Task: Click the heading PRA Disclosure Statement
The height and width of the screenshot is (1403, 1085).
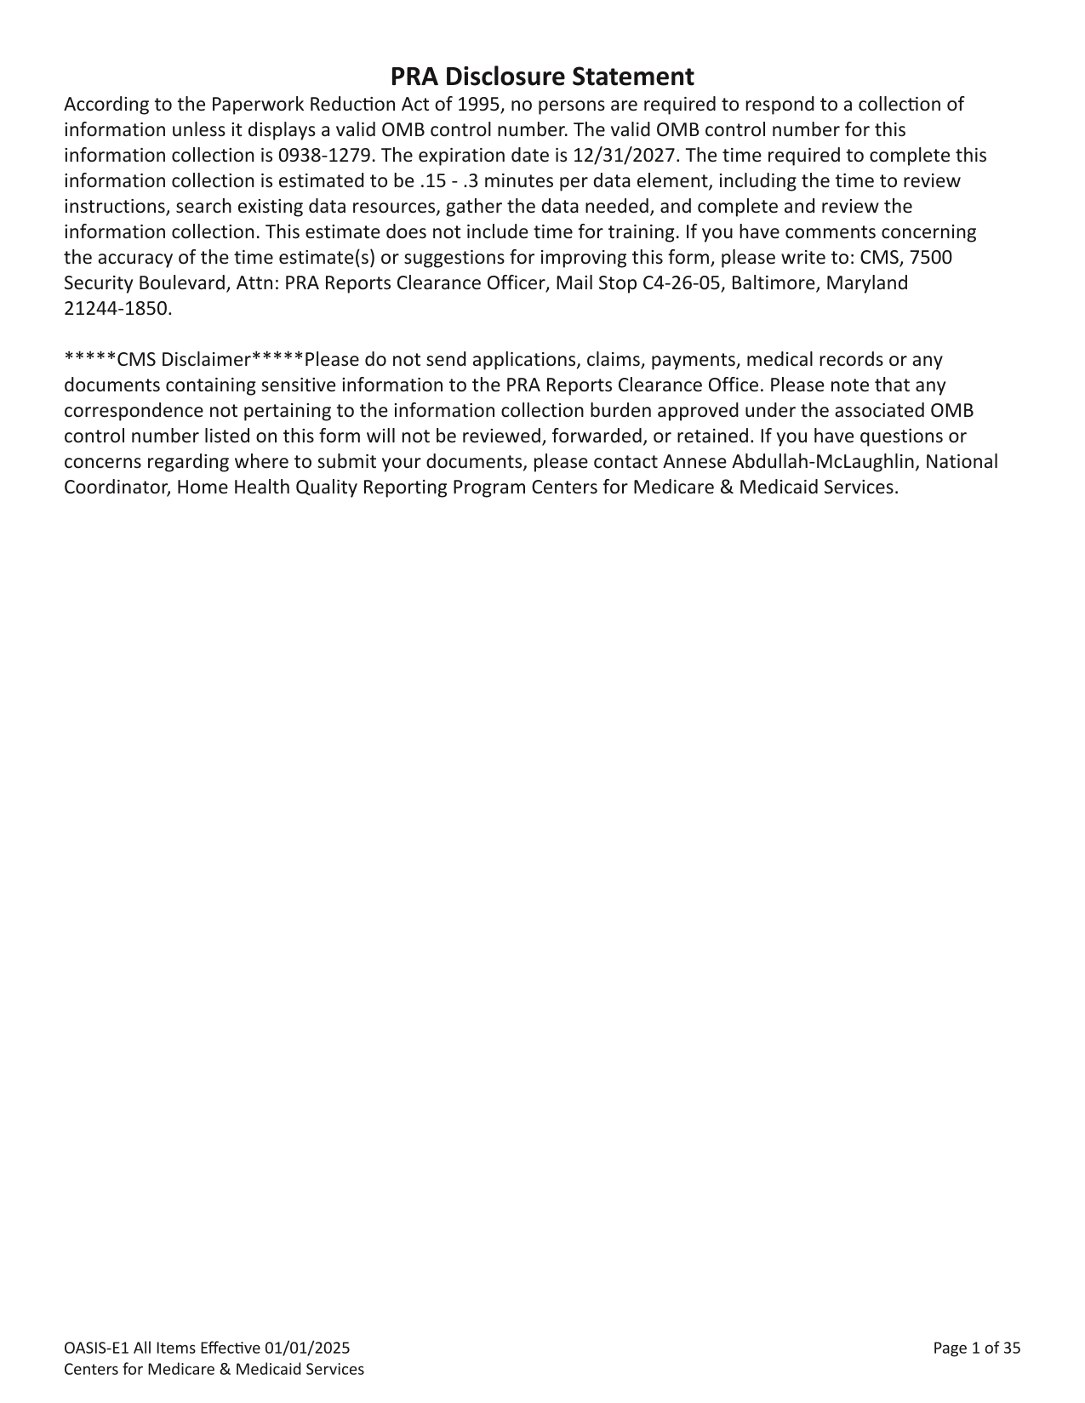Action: (542, 77)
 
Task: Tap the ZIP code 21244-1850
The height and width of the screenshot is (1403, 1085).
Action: (117, 309)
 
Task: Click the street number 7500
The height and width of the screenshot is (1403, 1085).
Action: (931, 258)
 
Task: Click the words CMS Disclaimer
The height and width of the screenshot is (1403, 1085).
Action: (182, 360)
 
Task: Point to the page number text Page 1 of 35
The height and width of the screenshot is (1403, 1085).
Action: (976, 1348)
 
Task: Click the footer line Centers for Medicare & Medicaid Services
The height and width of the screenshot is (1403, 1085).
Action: (214, 1369)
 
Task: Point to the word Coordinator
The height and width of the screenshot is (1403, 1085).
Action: (117, 488)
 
